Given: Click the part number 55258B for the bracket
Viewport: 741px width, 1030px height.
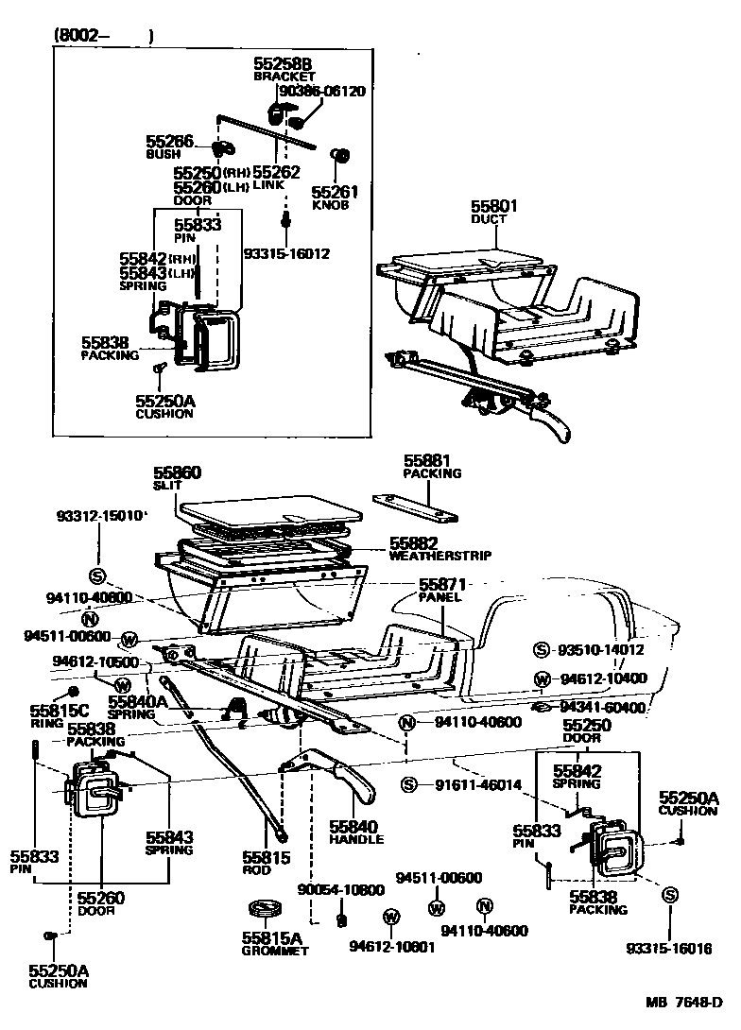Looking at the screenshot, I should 282,63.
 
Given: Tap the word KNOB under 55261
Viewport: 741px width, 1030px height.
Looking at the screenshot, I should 332,204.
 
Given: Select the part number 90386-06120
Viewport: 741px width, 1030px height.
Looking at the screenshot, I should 321,92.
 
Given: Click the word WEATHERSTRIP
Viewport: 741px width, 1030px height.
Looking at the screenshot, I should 439,557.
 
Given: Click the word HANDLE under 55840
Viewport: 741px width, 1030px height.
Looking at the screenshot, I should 356,839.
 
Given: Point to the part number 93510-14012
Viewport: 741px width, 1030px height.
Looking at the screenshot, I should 600,650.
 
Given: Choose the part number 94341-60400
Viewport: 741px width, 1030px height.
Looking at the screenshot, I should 602,707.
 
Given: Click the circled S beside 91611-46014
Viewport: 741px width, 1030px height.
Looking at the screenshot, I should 408,784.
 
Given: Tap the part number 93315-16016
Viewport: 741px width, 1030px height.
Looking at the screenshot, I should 668,949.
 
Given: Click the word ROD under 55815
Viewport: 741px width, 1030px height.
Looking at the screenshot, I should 256,870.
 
